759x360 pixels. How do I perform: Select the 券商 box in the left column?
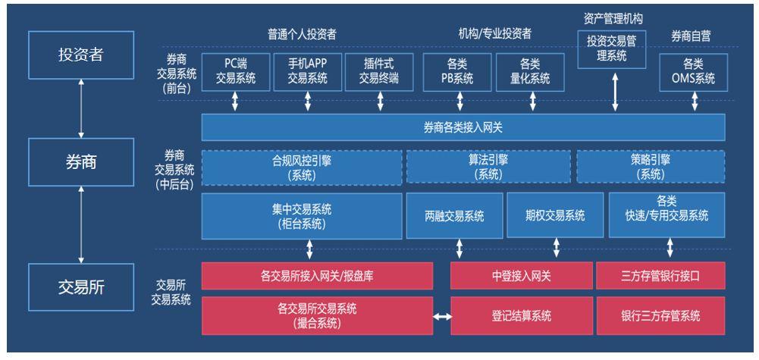80,161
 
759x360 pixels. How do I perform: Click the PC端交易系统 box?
236,72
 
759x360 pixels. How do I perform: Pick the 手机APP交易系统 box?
307,72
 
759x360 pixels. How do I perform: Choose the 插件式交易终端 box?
379,72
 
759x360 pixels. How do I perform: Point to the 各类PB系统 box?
456,72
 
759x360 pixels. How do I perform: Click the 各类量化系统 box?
530,72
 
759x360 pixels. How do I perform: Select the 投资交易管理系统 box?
616,50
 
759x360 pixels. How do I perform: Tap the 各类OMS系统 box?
692,72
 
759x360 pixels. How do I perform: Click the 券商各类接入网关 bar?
463,127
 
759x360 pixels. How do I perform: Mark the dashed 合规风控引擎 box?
302,167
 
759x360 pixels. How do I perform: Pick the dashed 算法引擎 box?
488,167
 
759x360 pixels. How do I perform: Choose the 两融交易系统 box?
454,215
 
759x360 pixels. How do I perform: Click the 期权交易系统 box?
555,215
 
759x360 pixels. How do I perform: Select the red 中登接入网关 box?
521,276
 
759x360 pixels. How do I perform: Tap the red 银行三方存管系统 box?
660,316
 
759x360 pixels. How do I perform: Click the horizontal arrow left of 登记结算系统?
442,316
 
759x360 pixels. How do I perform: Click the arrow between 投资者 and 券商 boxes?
80,107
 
